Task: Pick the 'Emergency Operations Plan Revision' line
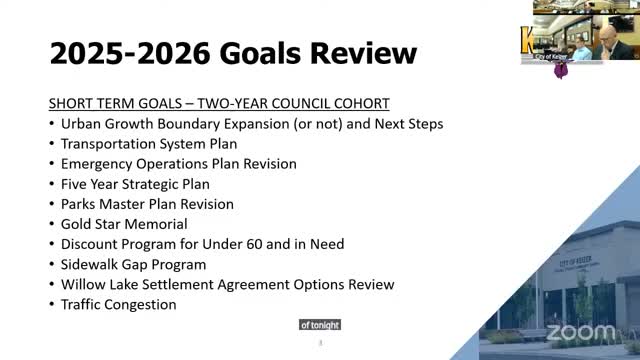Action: [x=178, y=164]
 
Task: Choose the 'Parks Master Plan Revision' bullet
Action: [x=147, y=204]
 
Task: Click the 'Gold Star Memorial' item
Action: [x=124, y=224]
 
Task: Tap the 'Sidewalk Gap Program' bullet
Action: [x=133, y=264]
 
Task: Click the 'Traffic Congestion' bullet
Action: [x=118, y=304]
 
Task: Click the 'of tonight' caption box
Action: [x=320, y=325]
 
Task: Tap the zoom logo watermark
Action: [x=581, y=331]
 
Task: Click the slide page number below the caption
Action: [x=320, y=343]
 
